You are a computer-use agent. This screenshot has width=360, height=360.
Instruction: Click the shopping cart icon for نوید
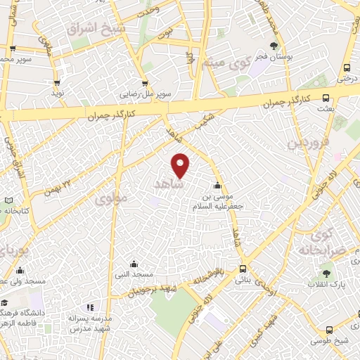click(58, 81)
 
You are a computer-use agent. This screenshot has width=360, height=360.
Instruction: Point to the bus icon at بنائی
click(243, 268)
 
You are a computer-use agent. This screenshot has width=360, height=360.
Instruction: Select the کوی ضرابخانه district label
click(329, 243)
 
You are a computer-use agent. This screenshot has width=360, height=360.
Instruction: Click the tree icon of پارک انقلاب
click(325, 272)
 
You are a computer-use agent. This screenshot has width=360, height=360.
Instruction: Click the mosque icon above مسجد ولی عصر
click(19, 271)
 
